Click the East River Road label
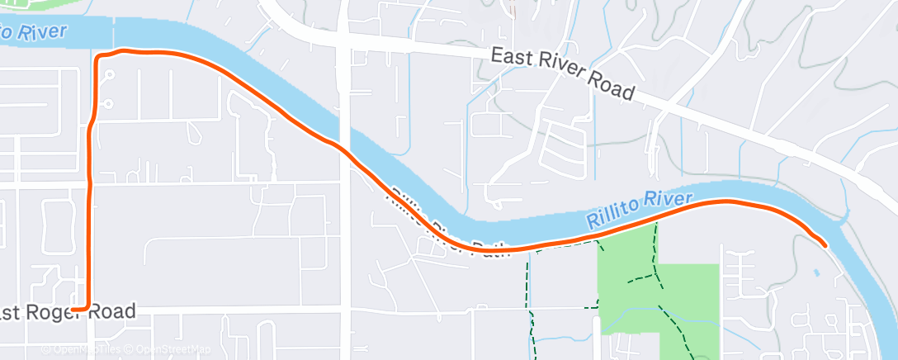coord(562,73)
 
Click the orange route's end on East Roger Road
coord(73,308)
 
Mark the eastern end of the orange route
coord(825,243)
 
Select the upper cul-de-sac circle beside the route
coord(109,73)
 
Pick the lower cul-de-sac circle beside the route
coord(109,104)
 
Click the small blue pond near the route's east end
coord(817,272)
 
